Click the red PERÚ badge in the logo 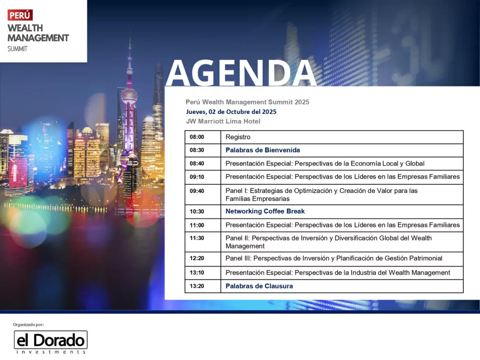(x=20, y=15)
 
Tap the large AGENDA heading (x=241, y=73)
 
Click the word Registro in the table (x=238, y=137)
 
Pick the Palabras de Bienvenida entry (x=262, y=150)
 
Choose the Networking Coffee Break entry (x=265, y=211)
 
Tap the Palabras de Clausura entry (x=259, y=286)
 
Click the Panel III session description (x=334, y=258)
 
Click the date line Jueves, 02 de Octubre (x=231, y=112)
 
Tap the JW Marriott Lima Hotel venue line (x=223, y=121)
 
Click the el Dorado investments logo (x=51, y=342)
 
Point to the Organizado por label (x=29, y=324)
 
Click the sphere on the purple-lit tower (x=129, y=96)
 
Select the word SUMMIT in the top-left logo (x=17, y=49)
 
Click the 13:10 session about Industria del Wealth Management (x=338, y=273)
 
